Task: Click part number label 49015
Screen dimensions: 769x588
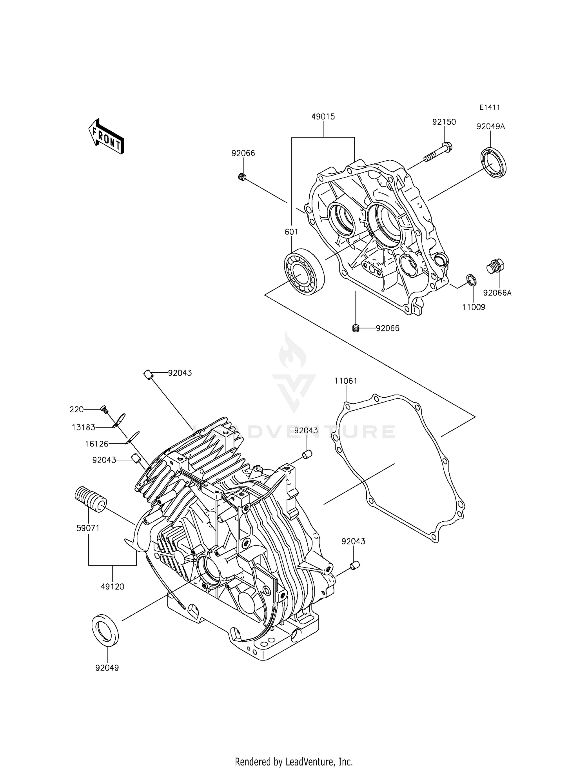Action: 323,117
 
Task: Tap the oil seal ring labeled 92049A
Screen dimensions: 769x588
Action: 494,162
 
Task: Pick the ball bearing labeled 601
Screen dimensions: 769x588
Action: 304,272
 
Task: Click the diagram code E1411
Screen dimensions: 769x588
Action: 489,107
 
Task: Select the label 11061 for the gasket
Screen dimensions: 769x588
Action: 346,381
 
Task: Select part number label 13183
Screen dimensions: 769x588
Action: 83,427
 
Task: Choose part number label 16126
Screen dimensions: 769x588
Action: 96,444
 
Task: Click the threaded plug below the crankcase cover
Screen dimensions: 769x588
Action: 356,328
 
